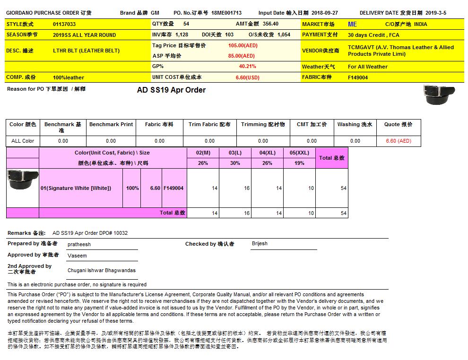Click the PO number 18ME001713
tap(226, 13)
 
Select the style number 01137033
tap(64, 24)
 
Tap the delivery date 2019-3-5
tap(435, 13)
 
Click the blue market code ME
tap(352, 24)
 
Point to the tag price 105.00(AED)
tap(243, 45)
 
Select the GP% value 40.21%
tap(247, 67)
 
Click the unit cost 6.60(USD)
tap(247, 77)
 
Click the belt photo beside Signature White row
tap(23, 179)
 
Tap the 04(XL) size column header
tap(267, 153)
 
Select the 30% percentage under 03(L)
tap(235, 163)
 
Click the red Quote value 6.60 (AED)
tap(399, 141)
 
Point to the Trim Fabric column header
tap(209, 124)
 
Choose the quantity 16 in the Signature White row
tap(247, 188)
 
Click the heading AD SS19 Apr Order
tap(171, 90)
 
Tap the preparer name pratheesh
tap(79, 244)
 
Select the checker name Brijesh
tap(260, 244)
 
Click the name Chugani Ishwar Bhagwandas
tap(102, 270)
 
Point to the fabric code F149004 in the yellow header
tap(358, 77)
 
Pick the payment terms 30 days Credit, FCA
tap(373, 35)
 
